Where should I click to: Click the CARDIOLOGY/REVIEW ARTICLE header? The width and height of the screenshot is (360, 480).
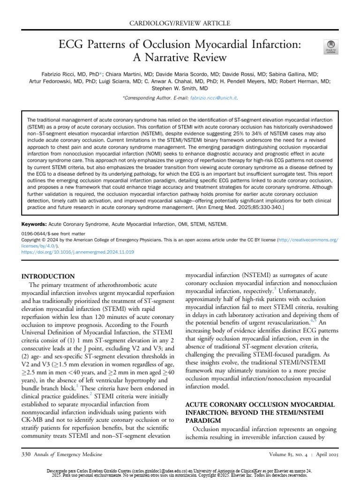pyautogui.click(x=180, y=22)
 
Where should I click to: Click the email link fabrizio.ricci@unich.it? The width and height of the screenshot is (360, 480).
pyautogui.click(x=213, y=98)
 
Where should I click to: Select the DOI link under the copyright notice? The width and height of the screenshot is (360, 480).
pyautogui.click(x=78, y=252)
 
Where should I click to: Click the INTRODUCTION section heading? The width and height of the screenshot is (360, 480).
pyautogui.click(x=52, y=276)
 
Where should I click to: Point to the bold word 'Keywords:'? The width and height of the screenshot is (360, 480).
pyautogui.click(x=36, y=224)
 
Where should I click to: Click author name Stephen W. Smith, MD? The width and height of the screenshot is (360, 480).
pyautogui.click(x=180, y=88)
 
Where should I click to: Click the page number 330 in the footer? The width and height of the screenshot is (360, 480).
pyautogui.click(x=28, y=454)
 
